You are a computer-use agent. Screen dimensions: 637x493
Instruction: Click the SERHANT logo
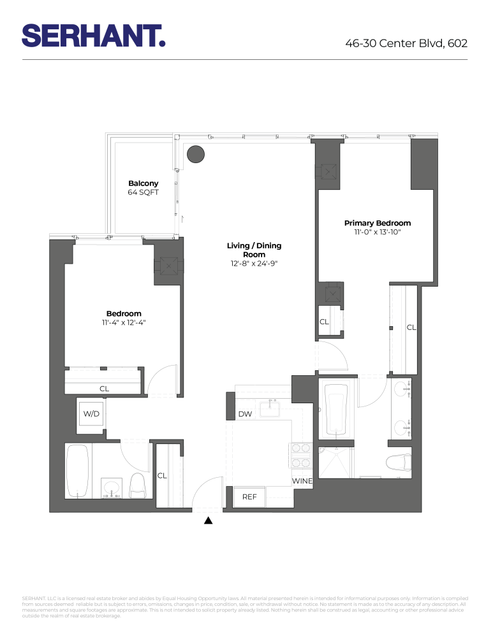(x=94, y=36)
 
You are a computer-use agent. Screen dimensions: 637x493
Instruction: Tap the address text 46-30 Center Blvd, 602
(x=406, y=44)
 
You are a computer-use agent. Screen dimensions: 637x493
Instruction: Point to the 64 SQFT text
(x=143, y=192)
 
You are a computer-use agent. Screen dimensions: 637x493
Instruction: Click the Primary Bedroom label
(x=378, y=223)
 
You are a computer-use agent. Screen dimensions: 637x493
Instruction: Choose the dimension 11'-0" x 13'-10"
(x=378, y=232)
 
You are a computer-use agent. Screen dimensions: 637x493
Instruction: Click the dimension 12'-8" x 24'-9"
(x=254, y=263)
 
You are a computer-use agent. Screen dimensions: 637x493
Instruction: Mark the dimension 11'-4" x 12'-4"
(x=124, y=322)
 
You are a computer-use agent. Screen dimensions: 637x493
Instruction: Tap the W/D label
(x=91, y=414)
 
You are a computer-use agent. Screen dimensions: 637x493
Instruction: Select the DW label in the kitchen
(x=245, y=415)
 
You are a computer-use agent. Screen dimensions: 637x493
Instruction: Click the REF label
(x=249, y=496)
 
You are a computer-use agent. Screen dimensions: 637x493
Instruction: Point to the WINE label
(x=302, y=481)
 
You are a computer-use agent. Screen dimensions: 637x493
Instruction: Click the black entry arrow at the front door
(x=208, y=520)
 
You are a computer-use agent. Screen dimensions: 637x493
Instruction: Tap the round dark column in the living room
(x=195, y=154)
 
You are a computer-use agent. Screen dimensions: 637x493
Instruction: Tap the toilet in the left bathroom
(x=138, y=486)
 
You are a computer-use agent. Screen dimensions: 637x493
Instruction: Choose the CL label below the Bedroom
(x=104, y=388)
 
